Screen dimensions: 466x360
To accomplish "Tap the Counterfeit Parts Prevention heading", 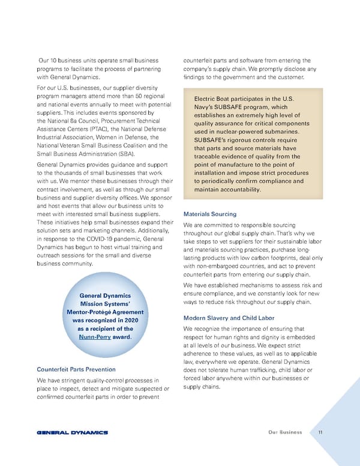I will [76, 369].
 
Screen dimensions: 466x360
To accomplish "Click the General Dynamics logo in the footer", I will [72, 432].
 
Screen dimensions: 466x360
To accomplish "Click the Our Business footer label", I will [285, 432].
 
